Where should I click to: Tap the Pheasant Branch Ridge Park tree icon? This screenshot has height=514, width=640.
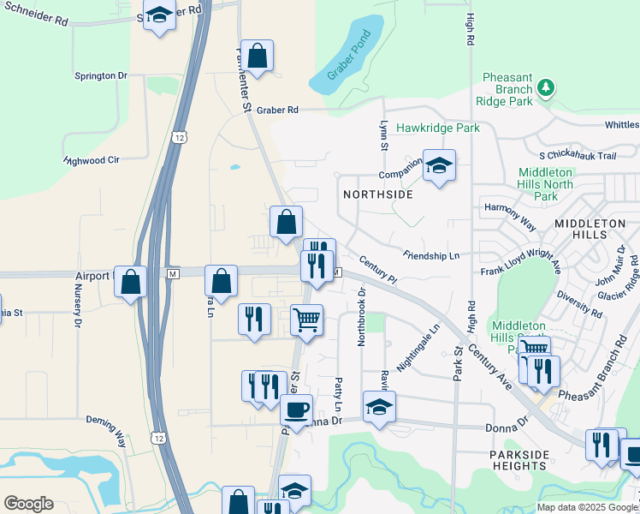pos(545,88)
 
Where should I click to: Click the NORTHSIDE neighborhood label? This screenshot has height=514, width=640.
pos(378,194)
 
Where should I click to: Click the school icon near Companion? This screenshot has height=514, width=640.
pos(439,165)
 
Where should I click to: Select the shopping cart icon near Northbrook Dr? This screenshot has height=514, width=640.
pos(306,320)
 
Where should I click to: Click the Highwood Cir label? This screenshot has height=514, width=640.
pos(92,160)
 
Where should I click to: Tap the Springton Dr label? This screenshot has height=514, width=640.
pos(101,76)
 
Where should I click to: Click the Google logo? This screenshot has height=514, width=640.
pos(28,504)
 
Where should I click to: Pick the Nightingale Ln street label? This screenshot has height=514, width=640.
pos(424,328)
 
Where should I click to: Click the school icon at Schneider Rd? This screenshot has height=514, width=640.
pos(159,16)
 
